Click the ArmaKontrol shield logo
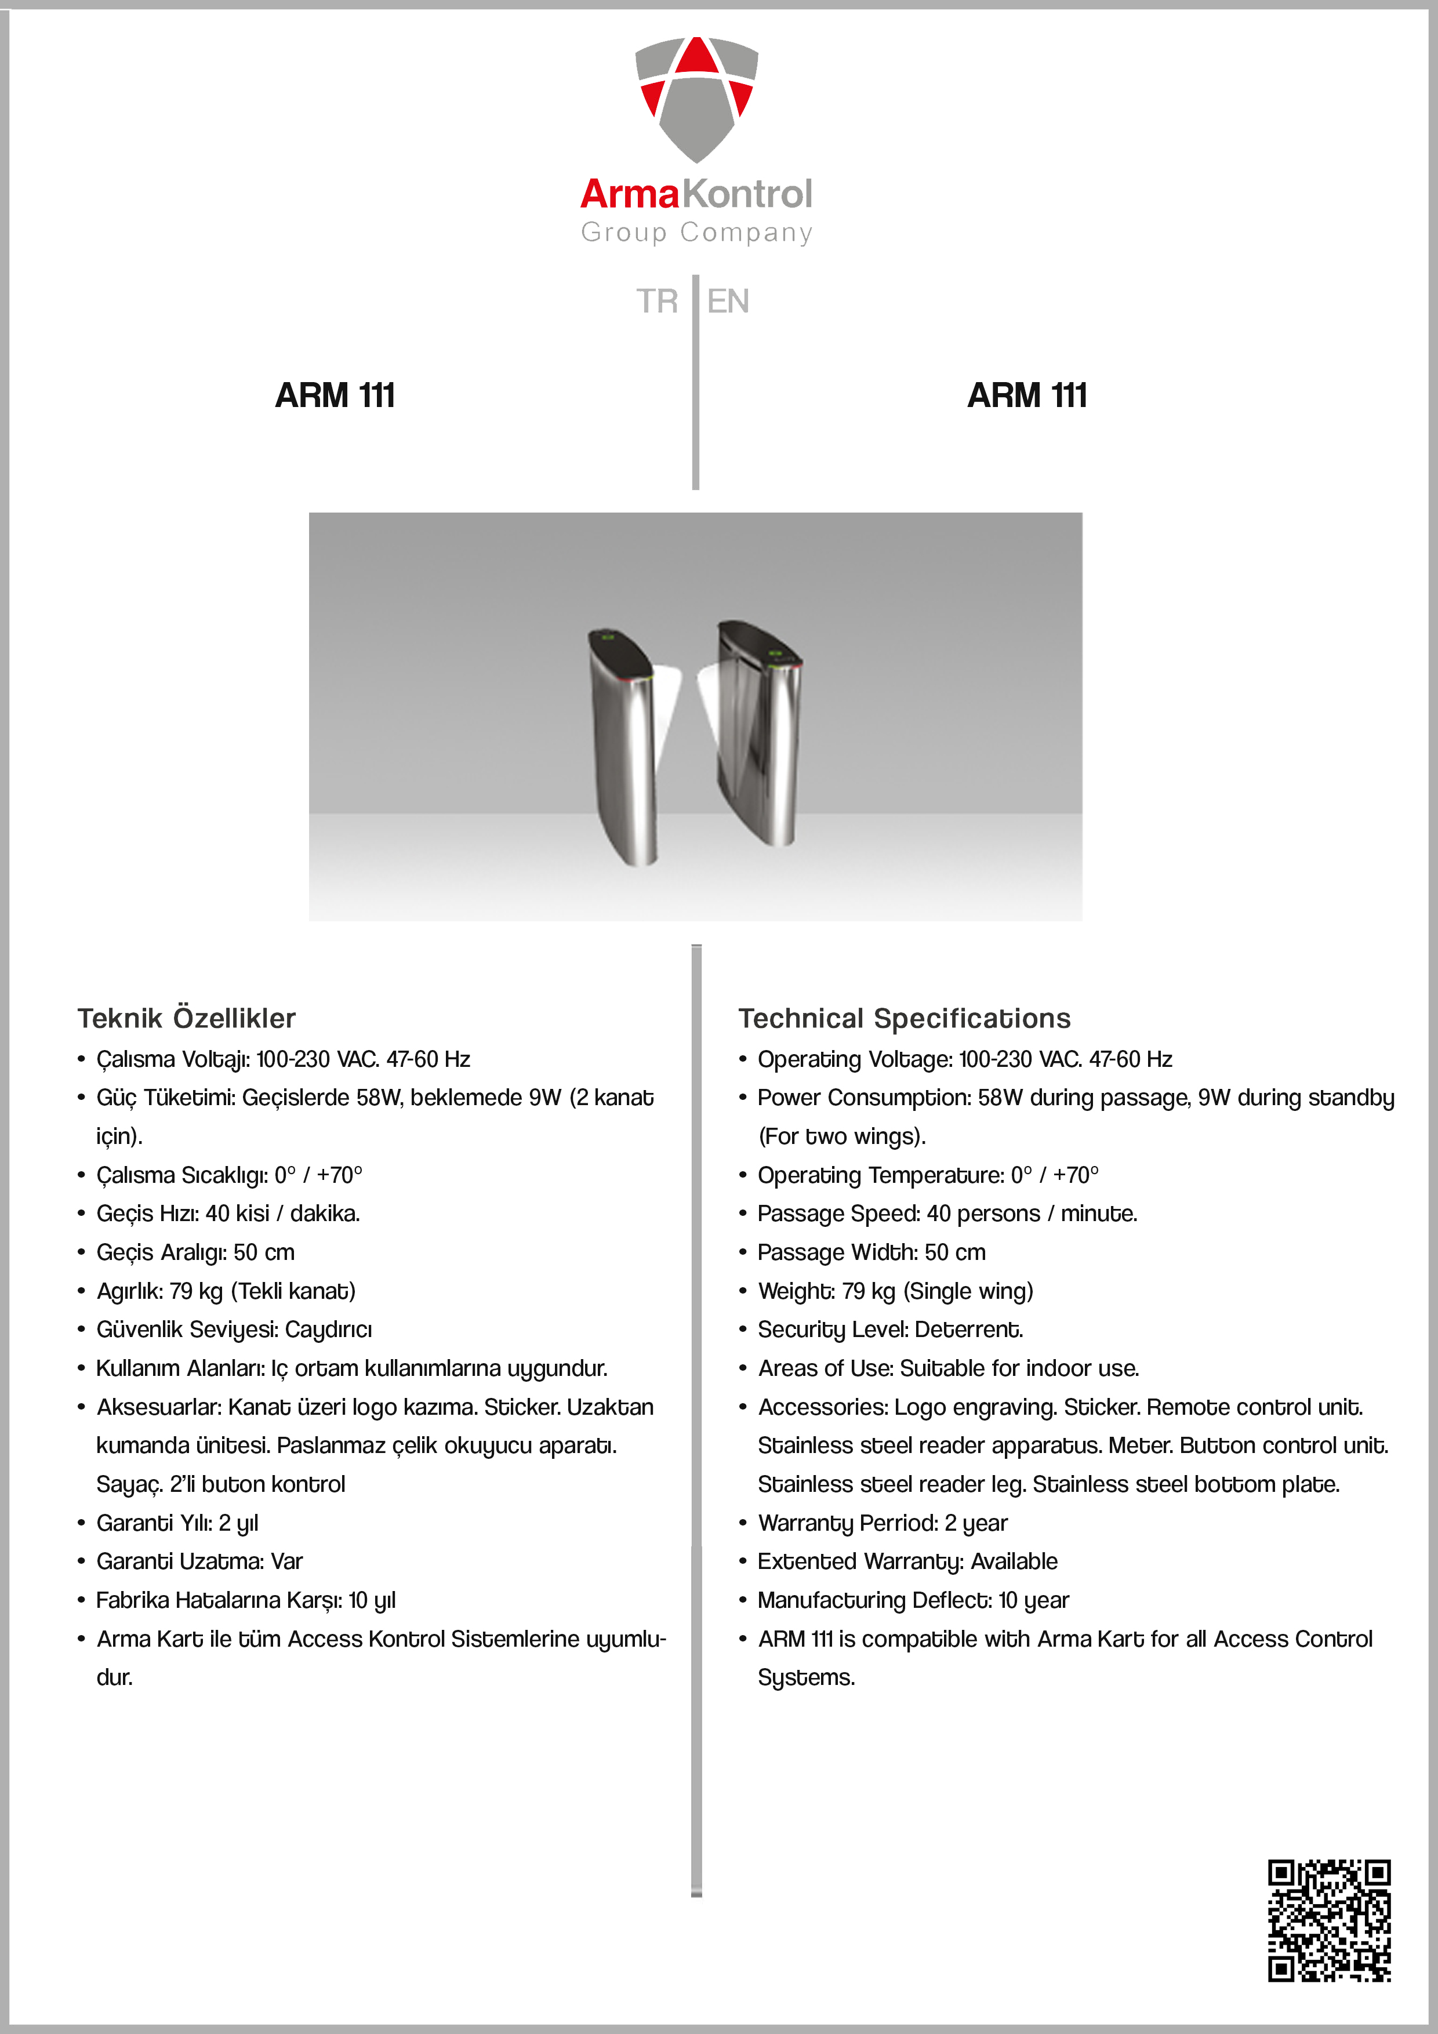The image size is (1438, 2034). point(696,97)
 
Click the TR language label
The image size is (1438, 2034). point(656,301)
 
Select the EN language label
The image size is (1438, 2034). point(728,301)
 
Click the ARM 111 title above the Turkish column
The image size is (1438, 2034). point(335,395)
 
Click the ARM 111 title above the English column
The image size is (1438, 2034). point(1027,395)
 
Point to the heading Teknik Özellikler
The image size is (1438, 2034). point(186,1018)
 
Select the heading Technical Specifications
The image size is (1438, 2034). point(904,1018)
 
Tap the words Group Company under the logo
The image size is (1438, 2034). point(696,232)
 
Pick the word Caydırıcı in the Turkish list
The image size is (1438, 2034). point(328,1329)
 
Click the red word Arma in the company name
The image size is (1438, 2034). point(630,194)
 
